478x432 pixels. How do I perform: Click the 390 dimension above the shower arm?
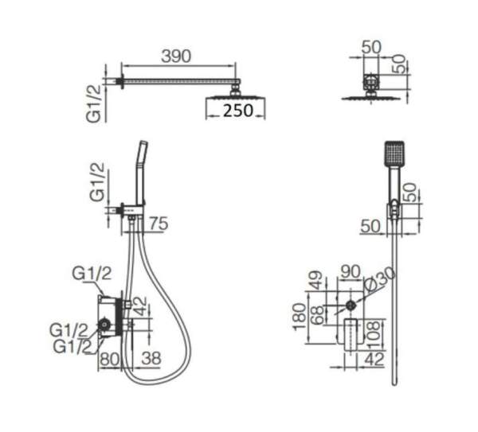click(176, 56)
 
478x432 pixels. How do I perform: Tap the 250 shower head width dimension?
click(238, 111)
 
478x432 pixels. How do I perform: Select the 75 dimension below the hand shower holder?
click(159, 224)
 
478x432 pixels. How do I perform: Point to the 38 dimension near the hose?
click(151, 358)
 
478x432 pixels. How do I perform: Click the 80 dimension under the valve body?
click(110, 359)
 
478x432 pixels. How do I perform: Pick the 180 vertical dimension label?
click(300, 317)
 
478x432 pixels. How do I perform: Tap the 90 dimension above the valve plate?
click(351, 271)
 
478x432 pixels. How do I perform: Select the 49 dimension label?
click(316, 280)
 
